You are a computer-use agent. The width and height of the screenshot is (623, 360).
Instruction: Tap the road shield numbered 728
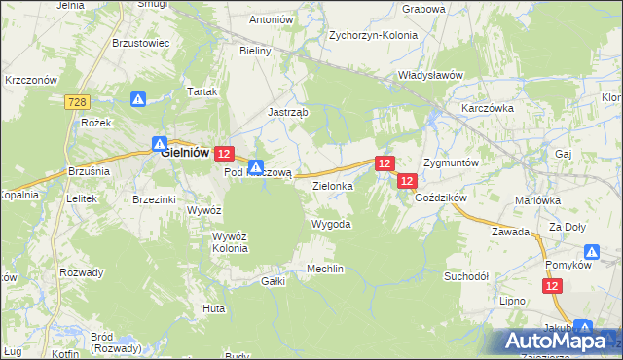[79, 101]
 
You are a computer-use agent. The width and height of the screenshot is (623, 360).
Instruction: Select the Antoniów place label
[272, 19]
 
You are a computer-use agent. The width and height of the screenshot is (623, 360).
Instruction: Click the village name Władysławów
[428, 75]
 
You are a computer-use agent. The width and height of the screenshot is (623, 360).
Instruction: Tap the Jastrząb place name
[288, 112]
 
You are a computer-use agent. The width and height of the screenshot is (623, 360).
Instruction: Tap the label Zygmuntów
[451, 162]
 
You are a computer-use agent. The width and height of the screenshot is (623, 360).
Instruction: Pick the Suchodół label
[466, 275]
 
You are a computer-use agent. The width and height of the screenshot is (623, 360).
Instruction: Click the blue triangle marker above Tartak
[138, 98]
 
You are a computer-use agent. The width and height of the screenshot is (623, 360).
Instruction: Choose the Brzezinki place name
[154, 198]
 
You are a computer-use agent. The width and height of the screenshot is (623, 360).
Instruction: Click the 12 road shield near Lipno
[553, 285]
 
